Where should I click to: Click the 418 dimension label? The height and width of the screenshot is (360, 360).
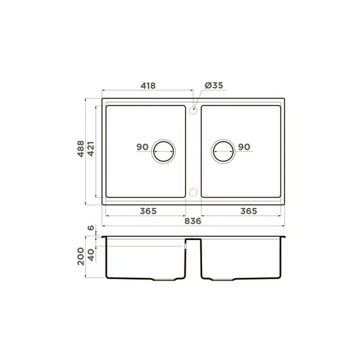pyautogui.click(x=148, y=85)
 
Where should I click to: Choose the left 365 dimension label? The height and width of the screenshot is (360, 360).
pyautogui.click(x=148, y=210)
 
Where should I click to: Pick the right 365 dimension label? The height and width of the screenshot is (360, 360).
pyautogui.click(x=249, y=210)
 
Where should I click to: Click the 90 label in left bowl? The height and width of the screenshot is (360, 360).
pyautogui.click(x=142, y=147)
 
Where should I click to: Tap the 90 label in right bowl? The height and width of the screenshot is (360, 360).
pyautogui.click(x=244, y=147)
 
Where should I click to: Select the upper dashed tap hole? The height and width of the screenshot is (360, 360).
pyautogui.click(x=193, y=110)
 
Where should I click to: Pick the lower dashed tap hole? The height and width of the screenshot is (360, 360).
pyautogui.click(x=193, y=192)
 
